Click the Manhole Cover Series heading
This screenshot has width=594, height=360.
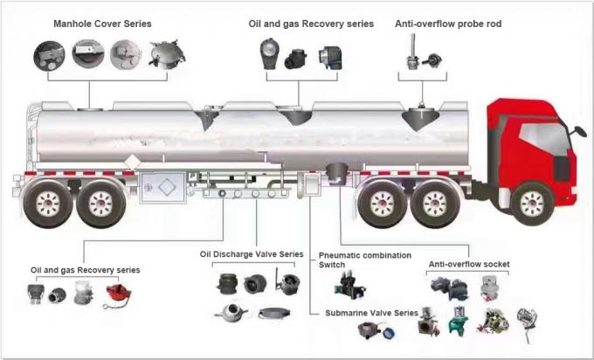coord(102,24)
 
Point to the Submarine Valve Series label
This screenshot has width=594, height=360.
coord(371,312)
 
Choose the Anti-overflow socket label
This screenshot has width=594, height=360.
coord(468,263)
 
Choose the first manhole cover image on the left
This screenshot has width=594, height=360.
coord(48,57)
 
